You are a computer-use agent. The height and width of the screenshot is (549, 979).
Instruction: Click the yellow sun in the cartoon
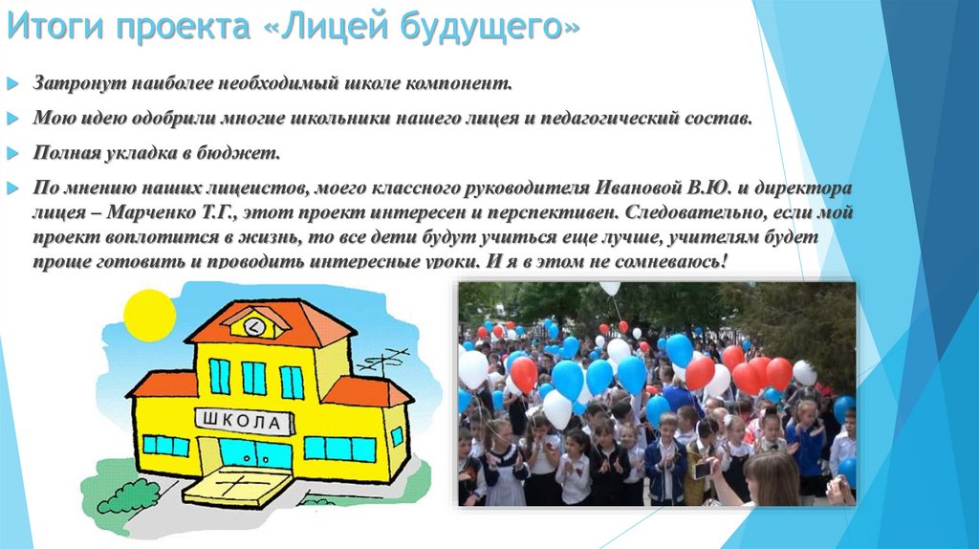click(149, 316)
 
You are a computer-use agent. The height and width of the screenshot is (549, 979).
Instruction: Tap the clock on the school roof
click(254, 326)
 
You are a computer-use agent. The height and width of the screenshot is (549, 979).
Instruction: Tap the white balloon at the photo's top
click(609, 288)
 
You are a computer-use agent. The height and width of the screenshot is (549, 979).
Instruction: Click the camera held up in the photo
click(702, 470)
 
